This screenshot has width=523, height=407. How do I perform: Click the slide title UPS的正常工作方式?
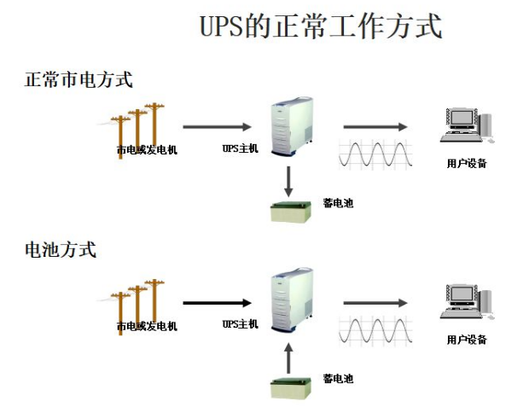(x=321, y=26)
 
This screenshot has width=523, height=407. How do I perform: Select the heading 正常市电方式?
(x=78, y=80)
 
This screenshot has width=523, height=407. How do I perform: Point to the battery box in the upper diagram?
(x=291, y=211)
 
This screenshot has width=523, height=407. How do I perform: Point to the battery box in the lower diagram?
(x=291, y=387)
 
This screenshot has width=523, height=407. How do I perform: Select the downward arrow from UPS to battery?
(x=288, y=179)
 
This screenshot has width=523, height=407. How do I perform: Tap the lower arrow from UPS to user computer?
(x=375, y=303)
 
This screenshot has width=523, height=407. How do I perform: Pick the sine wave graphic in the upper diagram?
(x=376, y=154)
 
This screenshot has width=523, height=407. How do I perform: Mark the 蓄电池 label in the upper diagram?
(x=338, y=202)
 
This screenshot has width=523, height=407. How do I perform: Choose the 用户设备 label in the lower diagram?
(x=467, y=339)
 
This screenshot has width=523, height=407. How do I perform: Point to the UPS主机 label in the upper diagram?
(x=240, y=149)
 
